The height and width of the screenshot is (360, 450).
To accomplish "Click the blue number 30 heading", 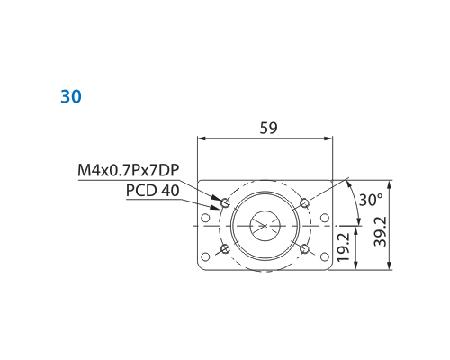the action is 71,96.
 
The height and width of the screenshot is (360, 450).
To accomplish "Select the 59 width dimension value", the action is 268,128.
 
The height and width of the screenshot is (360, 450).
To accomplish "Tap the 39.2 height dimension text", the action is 381,231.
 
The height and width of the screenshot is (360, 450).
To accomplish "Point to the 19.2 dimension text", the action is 344,247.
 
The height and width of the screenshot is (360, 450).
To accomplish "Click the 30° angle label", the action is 371,200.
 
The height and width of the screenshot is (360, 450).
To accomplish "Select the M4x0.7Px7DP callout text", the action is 129,170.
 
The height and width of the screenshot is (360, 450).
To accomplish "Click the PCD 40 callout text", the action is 153,190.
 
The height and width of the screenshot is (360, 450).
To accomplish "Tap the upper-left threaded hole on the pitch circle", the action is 225,202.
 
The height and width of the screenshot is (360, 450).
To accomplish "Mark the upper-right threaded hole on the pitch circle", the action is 304,202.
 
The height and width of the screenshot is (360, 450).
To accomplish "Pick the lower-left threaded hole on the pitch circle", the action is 225,248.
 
